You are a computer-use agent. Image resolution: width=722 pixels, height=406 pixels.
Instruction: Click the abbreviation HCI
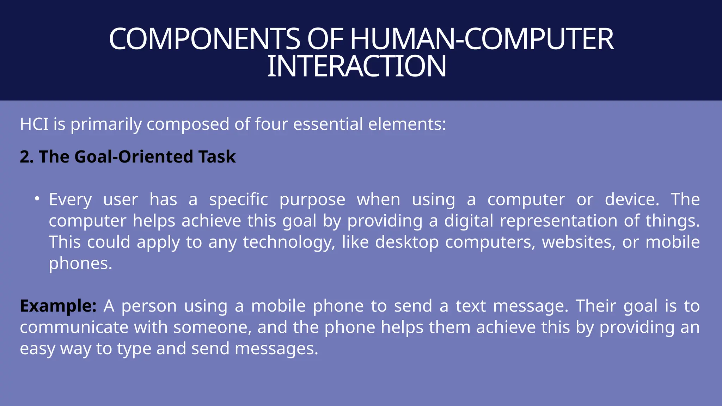[34, 124]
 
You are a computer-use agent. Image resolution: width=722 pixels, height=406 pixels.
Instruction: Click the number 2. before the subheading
[26, 157]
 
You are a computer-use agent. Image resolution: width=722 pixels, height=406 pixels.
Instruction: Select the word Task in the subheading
[217, 157]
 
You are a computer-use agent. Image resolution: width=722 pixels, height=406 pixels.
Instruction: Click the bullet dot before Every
[37, 199]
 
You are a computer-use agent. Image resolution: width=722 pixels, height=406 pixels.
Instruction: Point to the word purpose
[312, 200]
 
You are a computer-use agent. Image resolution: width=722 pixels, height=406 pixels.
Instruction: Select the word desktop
[407, 242]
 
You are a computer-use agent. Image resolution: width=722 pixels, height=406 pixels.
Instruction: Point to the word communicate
[74, 327]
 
